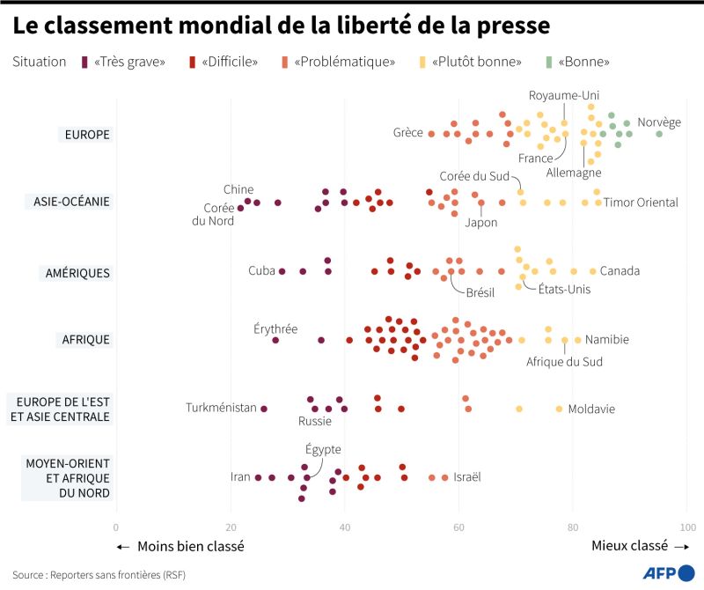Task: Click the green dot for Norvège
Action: click(659, 134)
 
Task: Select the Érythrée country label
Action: click(275, 328)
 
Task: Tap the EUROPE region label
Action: click(87, 135)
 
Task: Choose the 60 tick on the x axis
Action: click(458, 527)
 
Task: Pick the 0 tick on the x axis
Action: click(116, 527)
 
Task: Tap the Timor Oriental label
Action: click(641, 203)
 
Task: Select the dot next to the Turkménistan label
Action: click(263, 409)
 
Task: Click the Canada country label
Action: click(620, 270)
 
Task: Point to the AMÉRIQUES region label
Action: click(77, 273)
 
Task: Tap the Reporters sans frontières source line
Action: click(99, 574)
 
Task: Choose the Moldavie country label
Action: click(591, 409)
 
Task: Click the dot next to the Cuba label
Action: click(282, 271)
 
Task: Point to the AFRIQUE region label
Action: click(85, 340)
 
